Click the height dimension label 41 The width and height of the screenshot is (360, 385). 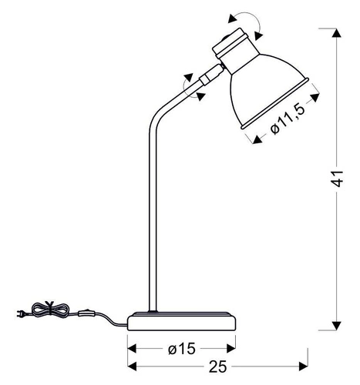(x=337, y=178)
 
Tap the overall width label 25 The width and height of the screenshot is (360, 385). (x=217, y=367)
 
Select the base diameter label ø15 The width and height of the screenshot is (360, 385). (x=182, y=349)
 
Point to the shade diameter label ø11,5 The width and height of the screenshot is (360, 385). (x=288, y=119)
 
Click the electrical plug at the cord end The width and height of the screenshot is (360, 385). (x=21, y=313)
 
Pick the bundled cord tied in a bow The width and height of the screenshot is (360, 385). (x=50, y=310)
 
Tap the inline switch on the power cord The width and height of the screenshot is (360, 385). (x=86, y=313)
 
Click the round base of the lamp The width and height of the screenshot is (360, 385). (x=182, y=321)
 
